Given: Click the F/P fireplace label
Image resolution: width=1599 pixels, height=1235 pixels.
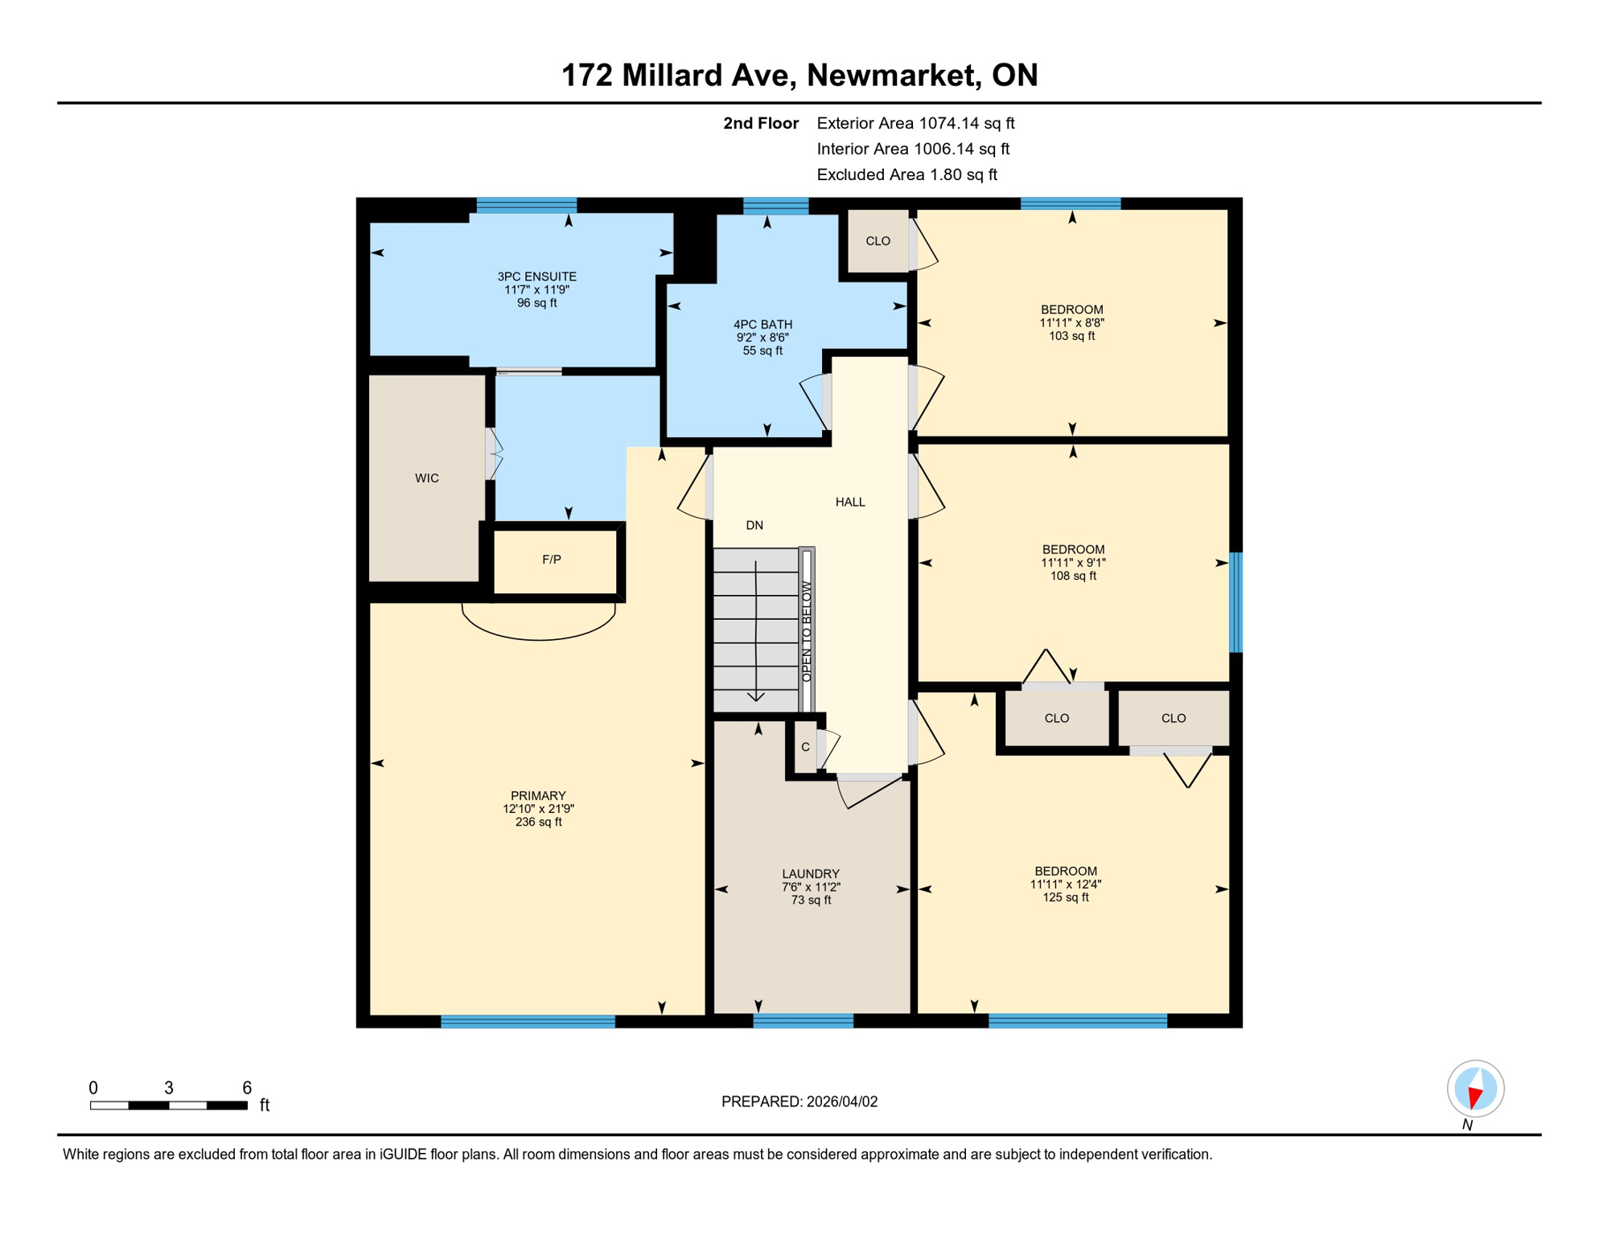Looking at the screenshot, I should coord(551,560).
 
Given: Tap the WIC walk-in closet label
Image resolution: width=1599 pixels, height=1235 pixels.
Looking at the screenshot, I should coord(426,478).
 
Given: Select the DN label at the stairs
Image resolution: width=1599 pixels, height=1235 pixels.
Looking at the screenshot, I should coord(754,525).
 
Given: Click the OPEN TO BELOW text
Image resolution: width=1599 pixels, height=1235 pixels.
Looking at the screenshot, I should coord(807,632).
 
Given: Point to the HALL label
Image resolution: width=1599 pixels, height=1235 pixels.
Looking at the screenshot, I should coord(849,502).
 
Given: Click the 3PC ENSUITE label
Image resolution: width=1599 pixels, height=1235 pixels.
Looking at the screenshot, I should coord(536,277).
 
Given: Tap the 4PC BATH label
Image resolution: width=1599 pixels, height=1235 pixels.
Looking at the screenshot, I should coord(763,325).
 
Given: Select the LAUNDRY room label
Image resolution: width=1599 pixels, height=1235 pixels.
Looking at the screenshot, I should coord(810,874).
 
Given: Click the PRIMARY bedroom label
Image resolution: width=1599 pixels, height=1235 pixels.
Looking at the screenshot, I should coord(538,796).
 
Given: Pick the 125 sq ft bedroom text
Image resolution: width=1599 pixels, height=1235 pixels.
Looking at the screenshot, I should coord(1065,897).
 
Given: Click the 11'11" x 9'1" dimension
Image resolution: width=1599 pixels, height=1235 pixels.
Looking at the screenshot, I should coord(1072,563).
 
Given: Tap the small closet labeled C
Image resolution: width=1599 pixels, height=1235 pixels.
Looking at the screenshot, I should coord(805,747).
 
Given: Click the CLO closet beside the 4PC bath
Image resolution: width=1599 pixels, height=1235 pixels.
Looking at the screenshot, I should coord(878,241).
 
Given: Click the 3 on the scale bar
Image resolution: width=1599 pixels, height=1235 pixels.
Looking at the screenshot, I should coord(169,1088).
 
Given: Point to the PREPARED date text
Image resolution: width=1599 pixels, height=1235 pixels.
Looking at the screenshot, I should coord(799,1102).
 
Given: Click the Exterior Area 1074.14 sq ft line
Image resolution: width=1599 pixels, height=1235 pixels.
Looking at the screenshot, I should coord(915,123).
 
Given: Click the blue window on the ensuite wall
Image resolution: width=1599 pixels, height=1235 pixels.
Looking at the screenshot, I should coord(526,204).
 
